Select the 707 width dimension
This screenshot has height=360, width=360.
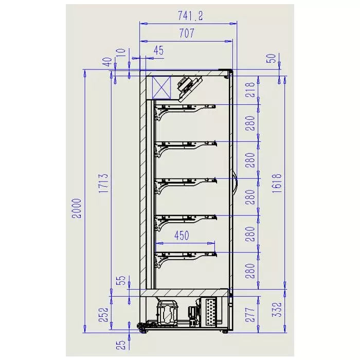[x=187, y=34]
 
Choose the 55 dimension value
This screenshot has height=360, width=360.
[x=121, y=281]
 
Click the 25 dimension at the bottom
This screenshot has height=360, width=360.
[x=121, y=345]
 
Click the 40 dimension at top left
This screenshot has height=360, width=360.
[x=107, y=61]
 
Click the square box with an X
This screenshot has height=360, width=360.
[x=161, y=87]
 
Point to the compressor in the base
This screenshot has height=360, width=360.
[x=168, y=312]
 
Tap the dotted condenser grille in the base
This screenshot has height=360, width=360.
[x=211, y=312]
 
